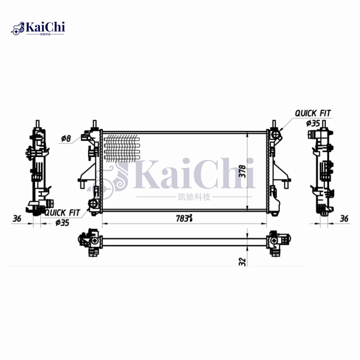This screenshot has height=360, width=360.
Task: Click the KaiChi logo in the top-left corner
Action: (x=38, y=28)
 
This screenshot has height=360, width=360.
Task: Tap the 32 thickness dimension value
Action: (x=242, y=261)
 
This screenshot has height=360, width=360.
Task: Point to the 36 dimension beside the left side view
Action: (x=17, y=219)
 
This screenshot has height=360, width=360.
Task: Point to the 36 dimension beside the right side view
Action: (x=344, y=219)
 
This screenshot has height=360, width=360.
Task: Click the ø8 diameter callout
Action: (x=66, y=139)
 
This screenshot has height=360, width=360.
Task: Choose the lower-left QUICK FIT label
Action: (x=62, y=212)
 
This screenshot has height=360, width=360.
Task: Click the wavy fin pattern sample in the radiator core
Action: (x=122, y=148)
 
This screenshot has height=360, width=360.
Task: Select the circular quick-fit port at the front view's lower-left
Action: (x=94, y=204)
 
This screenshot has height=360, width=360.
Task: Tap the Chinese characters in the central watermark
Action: (x=191, y=197)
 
